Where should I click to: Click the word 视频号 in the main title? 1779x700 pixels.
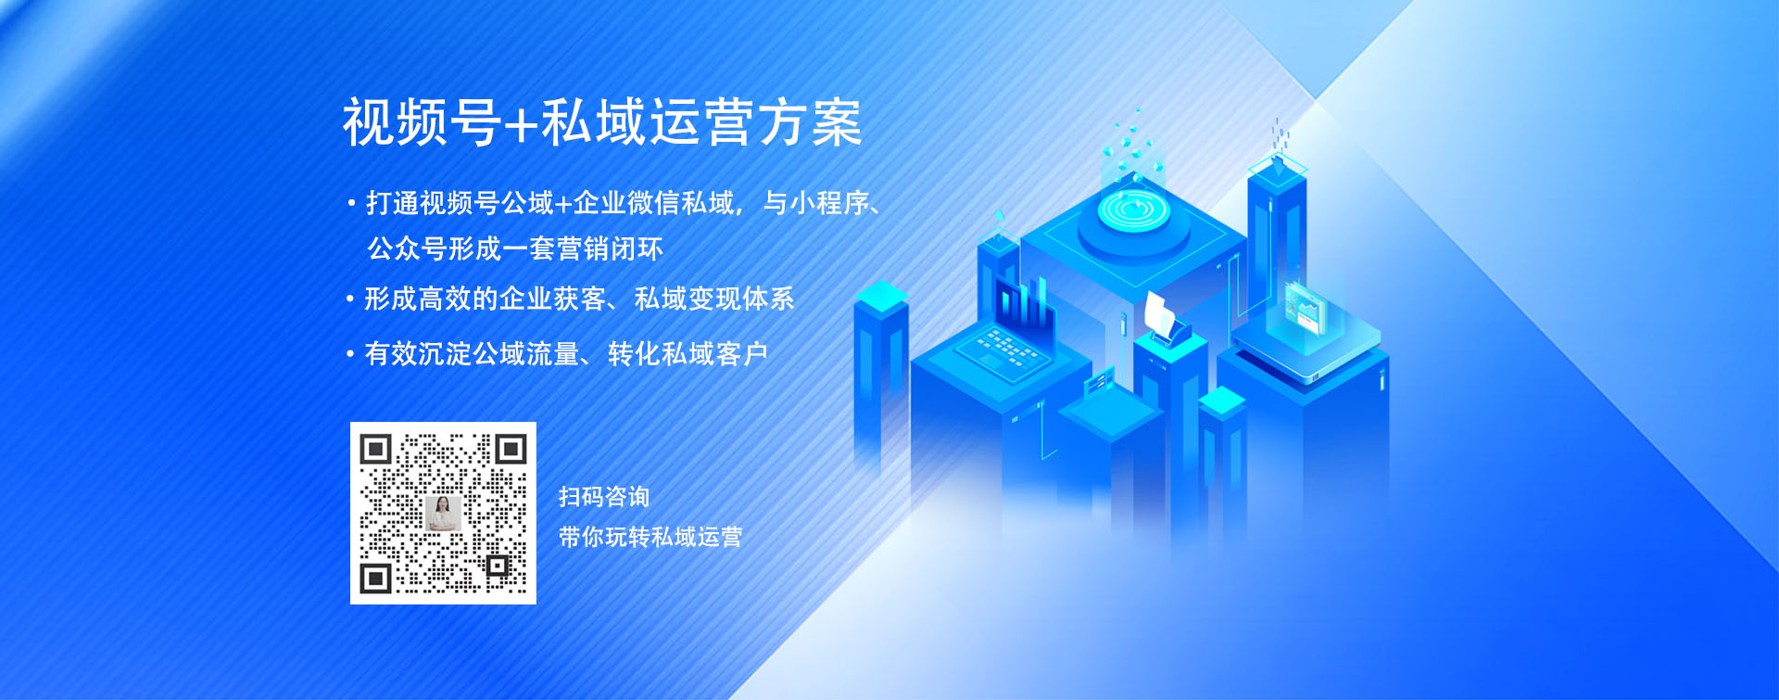[x=423, y=122]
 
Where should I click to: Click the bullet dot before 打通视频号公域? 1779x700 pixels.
[x=351, y=202]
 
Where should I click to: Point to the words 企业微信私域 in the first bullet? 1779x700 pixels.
[x=653, y=202]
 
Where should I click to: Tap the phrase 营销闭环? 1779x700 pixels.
[x=610, y=248]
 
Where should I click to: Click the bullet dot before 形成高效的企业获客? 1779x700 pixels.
[x=350, y=299]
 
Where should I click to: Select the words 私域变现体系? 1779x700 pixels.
[x=714, y=299]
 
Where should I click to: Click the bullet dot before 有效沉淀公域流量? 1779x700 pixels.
[x=350, y=353]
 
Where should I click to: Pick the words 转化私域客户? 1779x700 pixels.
[x=688, y=353]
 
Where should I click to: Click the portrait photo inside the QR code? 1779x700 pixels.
[x=443, y=513]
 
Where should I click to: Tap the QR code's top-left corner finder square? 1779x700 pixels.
[x=375, y=450]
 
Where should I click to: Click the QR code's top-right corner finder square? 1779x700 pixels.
[x=511, y=450]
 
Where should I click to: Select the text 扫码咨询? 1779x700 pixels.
[x=604, y=497]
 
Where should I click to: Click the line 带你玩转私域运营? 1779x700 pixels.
[x=650, y=537]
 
